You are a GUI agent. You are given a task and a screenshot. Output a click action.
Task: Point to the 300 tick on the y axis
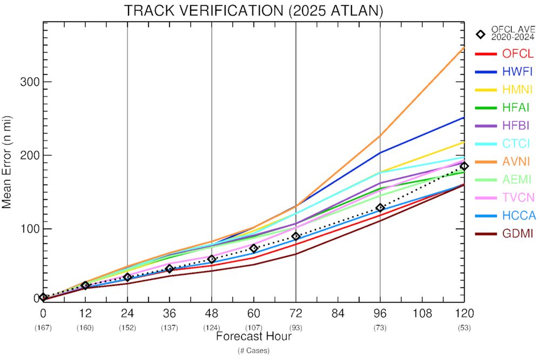pyautogui.click(x=28, y=82)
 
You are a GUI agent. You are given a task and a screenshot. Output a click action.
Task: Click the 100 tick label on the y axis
pyautogui.click(x=28, y=229)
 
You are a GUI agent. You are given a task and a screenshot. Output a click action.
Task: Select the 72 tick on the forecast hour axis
pyautogui.click(x=296, y=313)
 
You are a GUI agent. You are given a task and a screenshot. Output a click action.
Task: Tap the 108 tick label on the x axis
pyautogui.click(x=422, y=313)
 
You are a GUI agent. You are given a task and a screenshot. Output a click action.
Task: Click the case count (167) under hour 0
pyautogui.click(x=43, y=327)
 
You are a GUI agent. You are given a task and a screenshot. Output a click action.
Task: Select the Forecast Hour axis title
pyautogui.click(x=254, y=337)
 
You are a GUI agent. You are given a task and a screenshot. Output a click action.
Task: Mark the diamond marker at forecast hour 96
pyautogui.click(x=380, y=208)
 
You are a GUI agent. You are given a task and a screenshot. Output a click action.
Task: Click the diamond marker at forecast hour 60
pyautogui.click(x=254, y=248)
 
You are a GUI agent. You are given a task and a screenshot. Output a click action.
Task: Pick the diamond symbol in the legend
pyautogui.click(x=480, y=34)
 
